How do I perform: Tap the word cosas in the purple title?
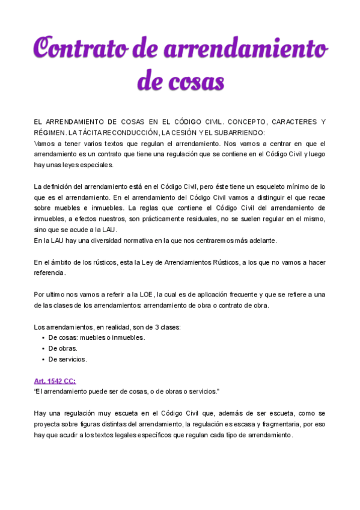(197, 80)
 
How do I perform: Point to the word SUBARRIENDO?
(242, 132)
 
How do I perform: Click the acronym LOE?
(145, 294)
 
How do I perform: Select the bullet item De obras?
(63, 348)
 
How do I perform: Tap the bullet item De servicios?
(68, 359)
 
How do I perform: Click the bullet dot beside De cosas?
(43, 337)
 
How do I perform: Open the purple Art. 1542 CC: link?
(55, 381)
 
